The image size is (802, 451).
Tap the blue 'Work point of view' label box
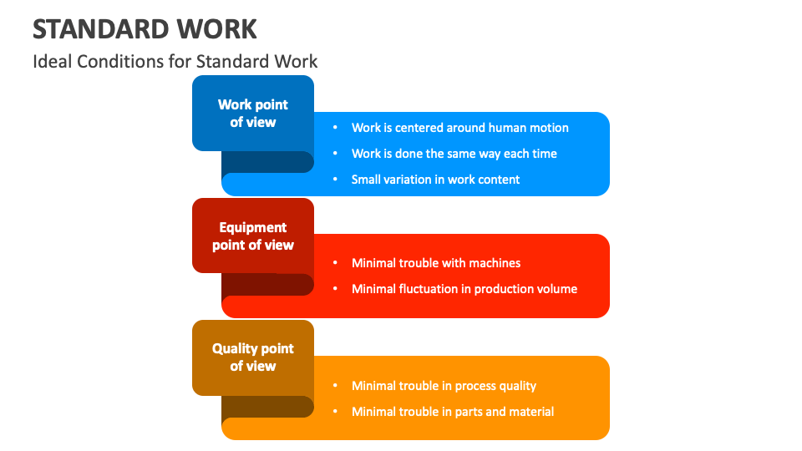click(x=252, y=113)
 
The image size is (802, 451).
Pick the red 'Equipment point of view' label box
click(x=252, y=236)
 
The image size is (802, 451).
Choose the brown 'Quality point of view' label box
click(x=252, y=357)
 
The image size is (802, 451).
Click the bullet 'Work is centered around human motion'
click(x=459, y=128)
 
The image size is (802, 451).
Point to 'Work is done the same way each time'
click(x=454, y=154)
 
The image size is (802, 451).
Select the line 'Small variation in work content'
click(x=435, y=180)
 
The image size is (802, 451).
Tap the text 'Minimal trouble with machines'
click(x=435, y=263)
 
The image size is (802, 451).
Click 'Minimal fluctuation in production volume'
click(x=464, y=289)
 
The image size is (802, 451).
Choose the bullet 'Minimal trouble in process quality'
click(x=444, y=386)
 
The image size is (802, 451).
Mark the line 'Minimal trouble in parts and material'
click(x=452, y=412)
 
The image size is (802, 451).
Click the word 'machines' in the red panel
click(x=495, y=263)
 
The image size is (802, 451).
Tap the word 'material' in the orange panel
click(x=530, y=412)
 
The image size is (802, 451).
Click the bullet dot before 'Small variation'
click(x=335, y=180)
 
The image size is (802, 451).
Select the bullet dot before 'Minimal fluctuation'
click(x=335, y=289)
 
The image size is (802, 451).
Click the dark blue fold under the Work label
click(x=266, y=162)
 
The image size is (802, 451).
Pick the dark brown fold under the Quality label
click(x=266, y=407)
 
